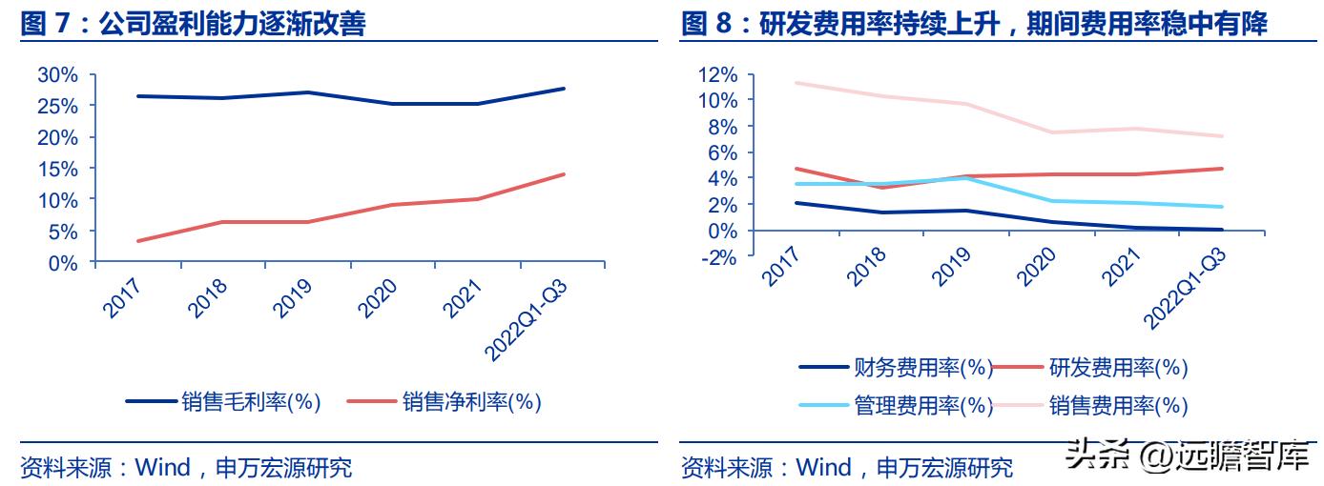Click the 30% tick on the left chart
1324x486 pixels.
[60, 74]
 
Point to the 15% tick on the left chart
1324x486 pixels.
[60, 169]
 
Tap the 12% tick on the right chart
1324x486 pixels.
[718, 74]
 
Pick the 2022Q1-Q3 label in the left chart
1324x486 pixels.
[526, 319]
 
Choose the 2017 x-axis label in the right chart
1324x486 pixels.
[781, 266]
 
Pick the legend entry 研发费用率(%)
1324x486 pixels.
[1118, 367]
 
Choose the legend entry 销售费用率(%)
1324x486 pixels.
[1118, 405]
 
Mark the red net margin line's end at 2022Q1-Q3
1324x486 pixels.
[564, 174]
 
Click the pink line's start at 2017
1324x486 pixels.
[795, 83]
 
